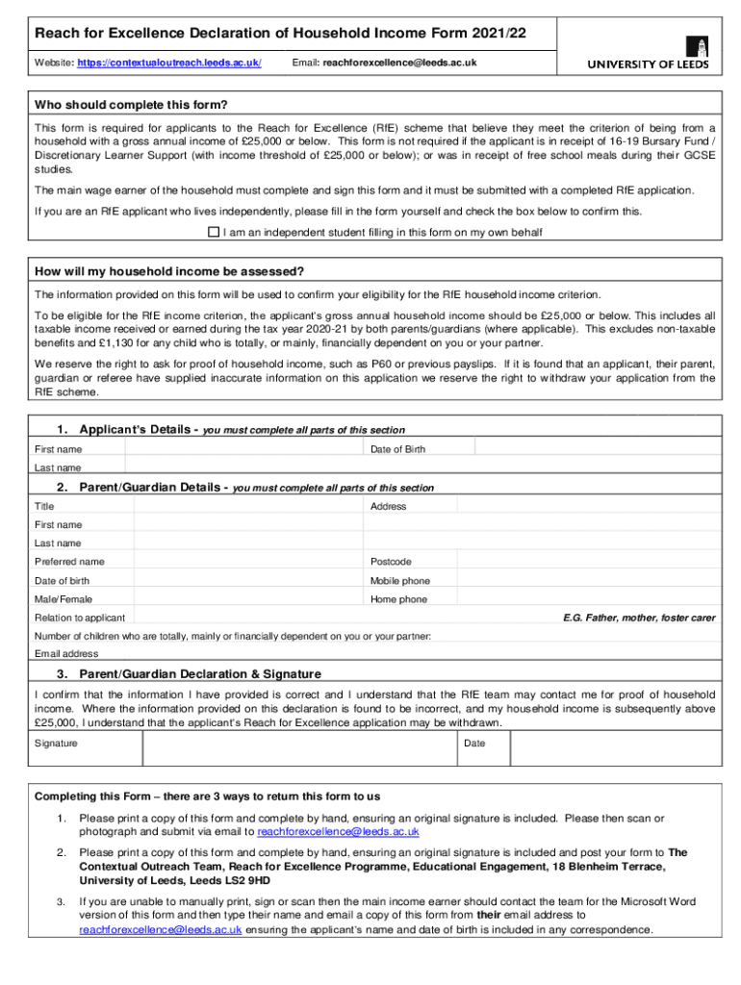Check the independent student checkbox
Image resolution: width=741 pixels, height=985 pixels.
(214, 232)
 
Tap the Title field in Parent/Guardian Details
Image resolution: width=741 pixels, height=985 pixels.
(245, 506)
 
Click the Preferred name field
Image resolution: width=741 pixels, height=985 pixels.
(245, 562)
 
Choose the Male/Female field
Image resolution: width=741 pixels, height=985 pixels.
(245, 599)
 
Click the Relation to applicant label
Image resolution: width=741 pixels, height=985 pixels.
(80, 618)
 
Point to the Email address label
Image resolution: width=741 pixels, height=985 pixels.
(66, 654)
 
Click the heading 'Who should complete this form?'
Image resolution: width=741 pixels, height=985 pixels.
(132, 105)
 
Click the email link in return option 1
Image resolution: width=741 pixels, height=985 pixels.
(338, 831)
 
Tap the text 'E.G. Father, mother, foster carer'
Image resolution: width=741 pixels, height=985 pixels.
(639, 618)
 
